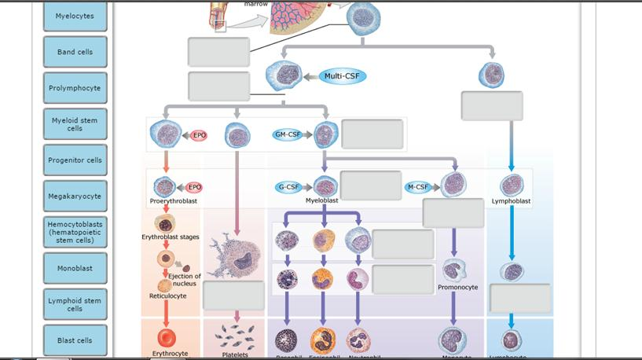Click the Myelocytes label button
pyautogui.click(x=75, y=16)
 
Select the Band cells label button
pyautogui.click(x=75, y=52)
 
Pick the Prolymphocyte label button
pyautogui.click(x=75, y=88)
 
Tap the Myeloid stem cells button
pyautogui.click(x=75, y=124)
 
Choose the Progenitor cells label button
pyautogui.click(x=75, y=160)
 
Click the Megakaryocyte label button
pyautogui.click(x=75, y=196)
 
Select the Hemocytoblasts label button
pyautogui.click(x=75, y=232)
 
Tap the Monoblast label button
pyautogui.click(x=75, y=268)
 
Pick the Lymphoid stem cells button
pyautogui.click(x=75, y=304)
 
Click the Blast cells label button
pyautogui.click(x=75, y=340)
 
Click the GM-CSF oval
pyautogui.click(x=288, y=134)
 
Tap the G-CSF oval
pyautogui.click(x=288, y=187)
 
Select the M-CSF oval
pyautogui.click(x=417, y=187)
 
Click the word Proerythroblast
pyautogui.click(x=174, y=201)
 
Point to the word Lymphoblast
pyautogui.click(x=511, y=201)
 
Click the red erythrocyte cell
pyautogui.click(x=167, y=338)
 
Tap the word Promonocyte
pyautogui.click(x=458, y=288)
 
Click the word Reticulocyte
pyautogui.click(x=168, y=296)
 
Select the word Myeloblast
pyautogui.click(x=322, y=200)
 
